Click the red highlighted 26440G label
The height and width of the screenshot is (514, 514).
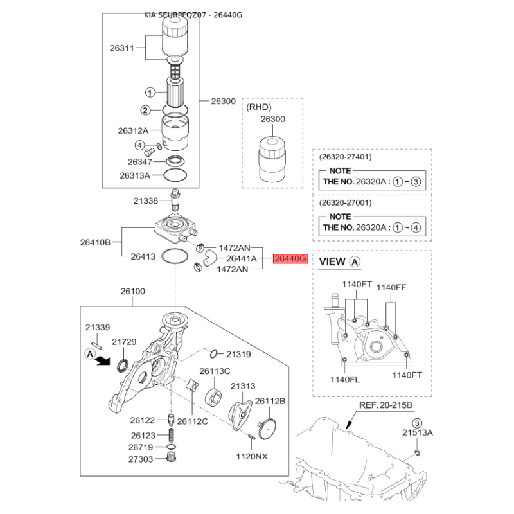point(291,260)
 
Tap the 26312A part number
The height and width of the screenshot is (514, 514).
point(133,130)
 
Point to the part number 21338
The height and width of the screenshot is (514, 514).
point(146,200)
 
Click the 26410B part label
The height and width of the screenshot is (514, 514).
point(96,242)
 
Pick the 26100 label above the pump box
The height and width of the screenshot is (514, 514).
point(133,291)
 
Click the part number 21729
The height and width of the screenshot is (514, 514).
point(125,342)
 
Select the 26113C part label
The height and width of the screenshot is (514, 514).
point(215,371)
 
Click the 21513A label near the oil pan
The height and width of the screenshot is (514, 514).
point(418,434)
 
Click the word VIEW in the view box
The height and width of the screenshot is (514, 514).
point(333,261)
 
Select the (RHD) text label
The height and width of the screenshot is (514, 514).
point(260,107)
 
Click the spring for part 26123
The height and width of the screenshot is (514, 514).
point(172,435)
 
